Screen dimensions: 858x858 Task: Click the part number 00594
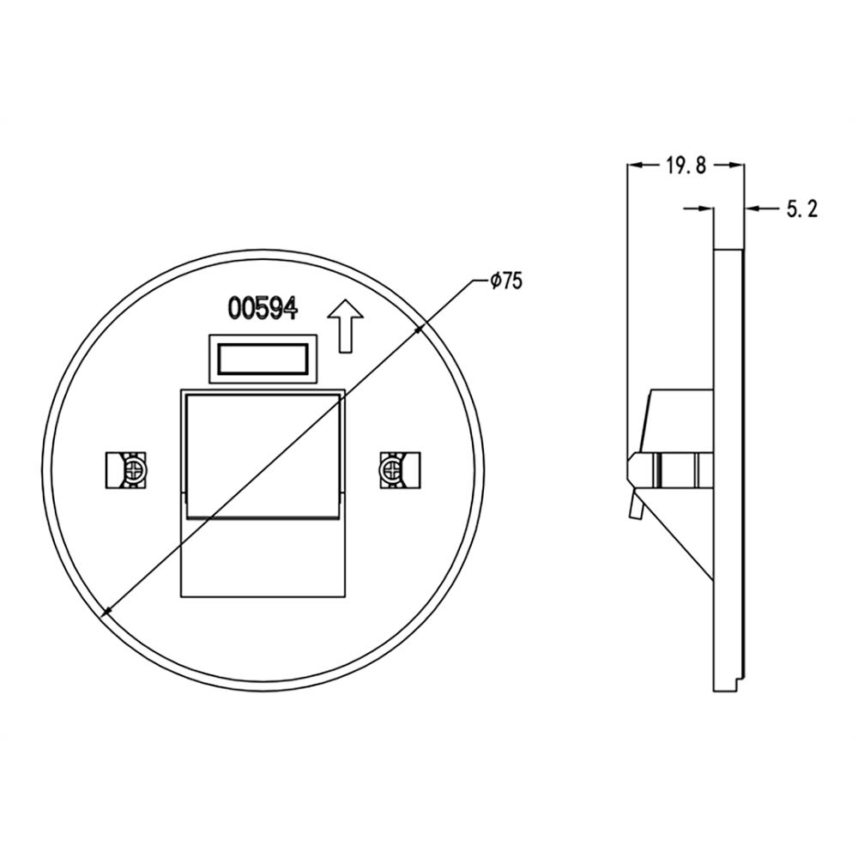[263, 308]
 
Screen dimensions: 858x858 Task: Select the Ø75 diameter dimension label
[507, 281]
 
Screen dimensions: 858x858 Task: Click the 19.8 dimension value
[686, 165]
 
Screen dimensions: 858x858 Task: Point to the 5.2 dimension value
[802, 209]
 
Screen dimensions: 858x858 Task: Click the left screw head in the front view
[134, 469]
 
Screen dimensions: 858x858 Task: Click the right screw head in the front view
[391, 469]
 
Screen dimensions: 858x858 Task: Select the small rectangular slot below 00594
[263, 359]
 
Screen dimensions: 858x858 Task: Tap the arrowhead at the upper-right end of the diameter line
[420, 329]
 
